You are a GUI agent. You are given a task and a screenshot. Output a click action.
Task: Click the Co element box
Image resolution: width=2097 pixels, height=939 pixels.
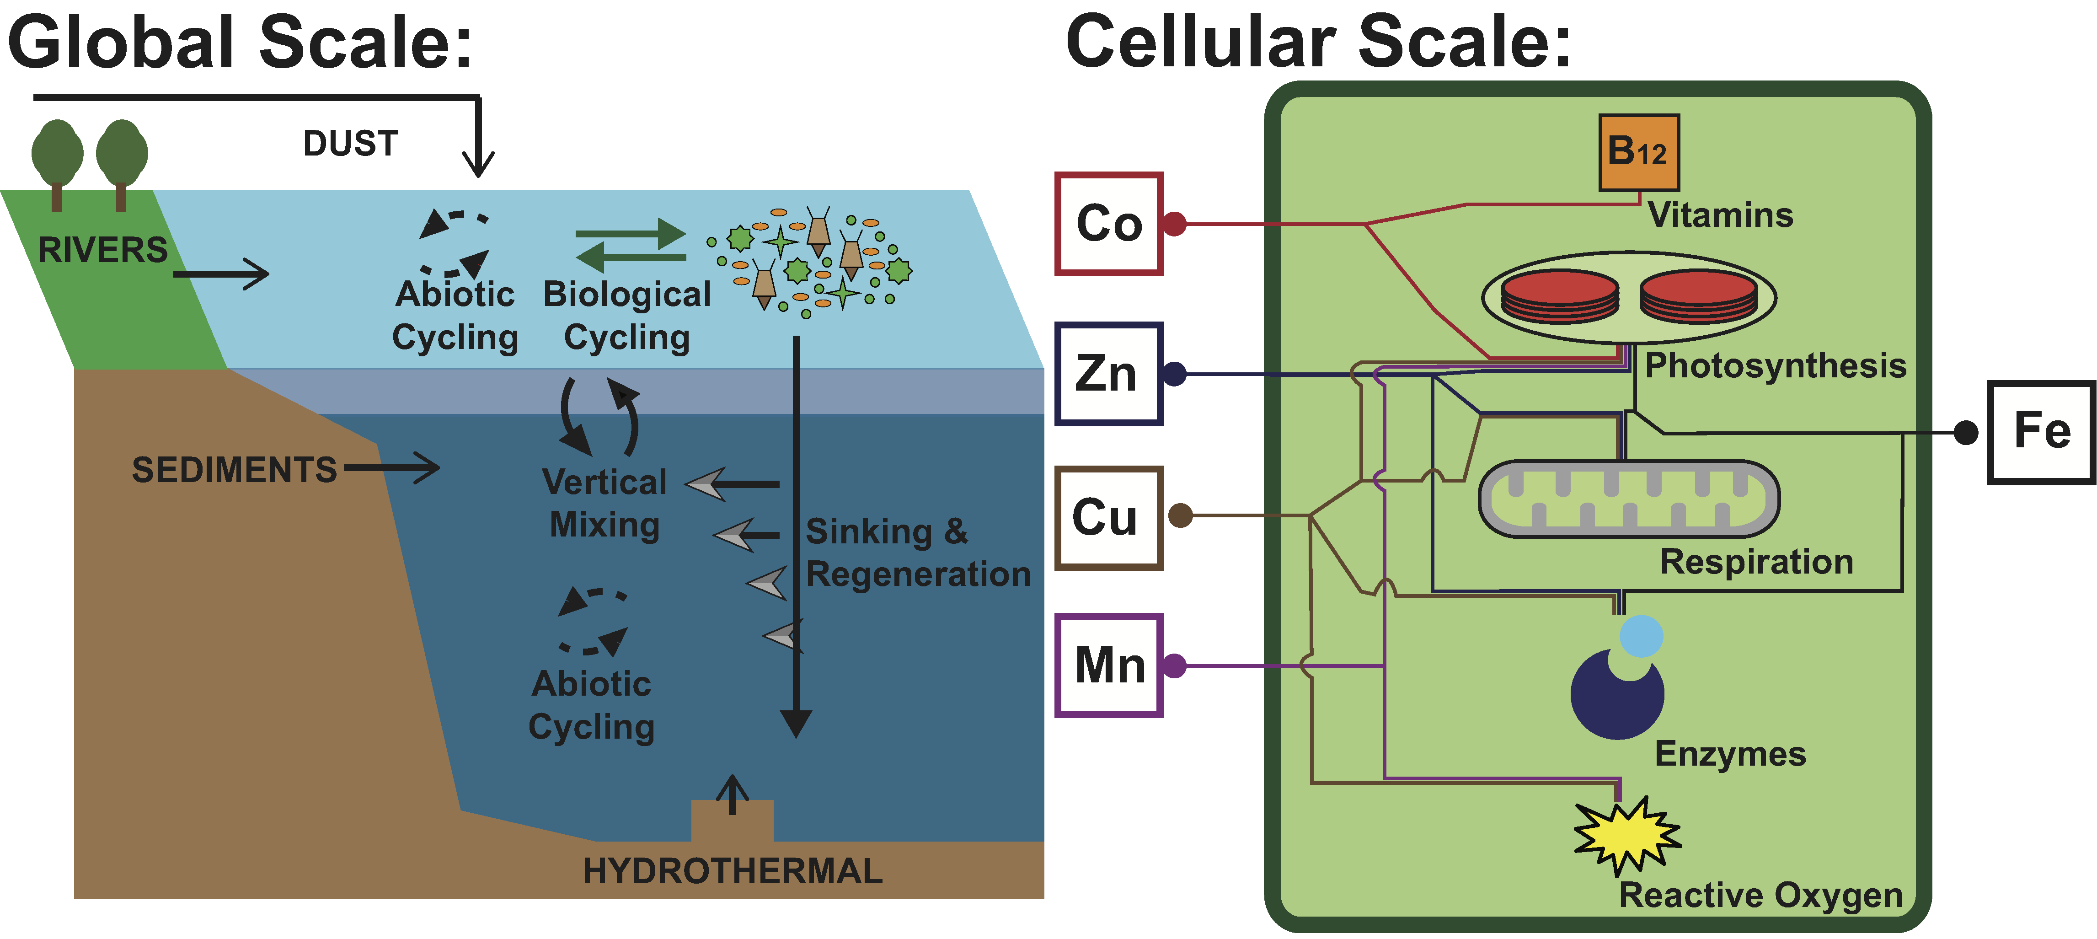click(1109, 224)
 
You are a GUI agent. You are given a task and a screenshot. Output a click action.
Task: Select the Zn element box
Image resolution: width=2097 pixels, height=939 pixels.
click(1109, 374)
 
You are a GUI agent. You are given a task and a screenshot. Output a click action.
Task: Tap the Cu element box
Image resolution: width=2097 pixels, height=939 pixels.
click(1109, 517)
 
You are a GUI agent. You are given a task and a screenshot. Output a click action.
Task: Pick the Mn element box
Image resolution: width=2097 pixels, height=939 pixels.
click(1109, 665)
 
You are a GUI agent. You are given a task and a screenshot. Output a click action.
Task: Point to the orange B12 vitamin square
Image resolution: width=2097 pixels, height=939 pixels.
click(1639, 152)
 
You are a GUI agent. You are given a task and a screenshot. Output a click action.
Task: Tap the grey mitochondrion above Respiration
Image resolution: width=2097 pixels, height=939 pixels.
click(1629, 499)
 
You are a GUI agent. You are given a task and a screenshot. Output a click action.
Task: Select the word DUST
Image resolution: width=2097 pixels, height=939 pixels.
click(351, 144)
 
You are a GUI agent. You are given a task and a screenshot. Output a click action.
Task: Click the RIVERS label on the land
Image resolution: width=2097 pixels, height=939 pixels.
click(102, 250)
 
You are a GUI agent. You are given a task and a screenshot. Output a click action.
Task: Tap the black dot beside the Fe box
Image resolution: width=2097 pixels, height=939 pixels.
click(1966, 432)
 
